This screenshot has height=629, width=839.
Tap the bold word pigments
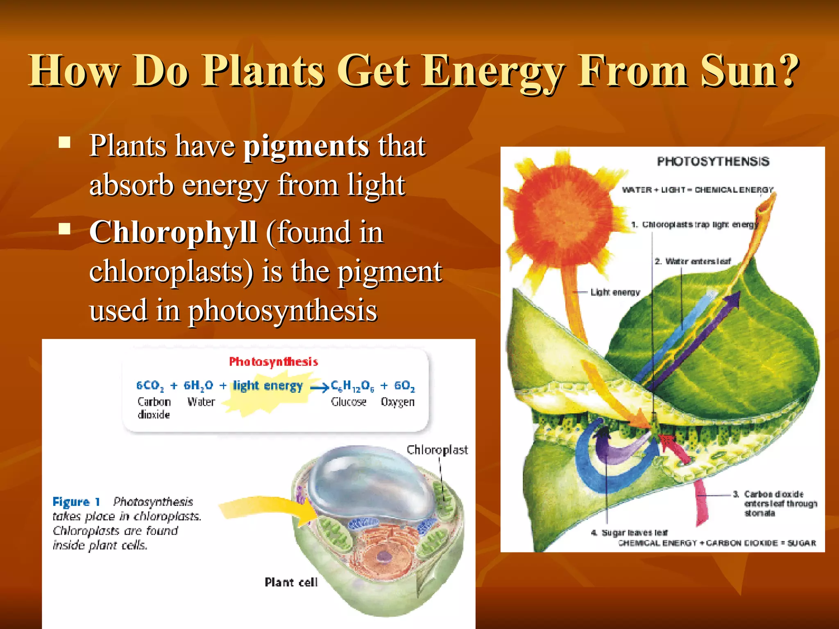[306, 146]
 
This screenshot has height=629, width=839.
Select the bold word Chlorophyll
[173, 232]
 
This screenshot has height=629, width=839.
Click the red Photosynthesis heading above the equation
[273, 362]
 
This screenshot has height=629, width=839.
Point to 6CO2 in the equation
[150, 385]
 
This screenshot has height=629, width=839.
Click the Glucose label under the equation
[348, 402]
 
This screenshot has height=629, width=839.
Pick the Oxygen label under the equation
[397, 402]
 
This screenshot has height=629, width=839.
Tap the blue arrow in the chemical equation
[320, 387]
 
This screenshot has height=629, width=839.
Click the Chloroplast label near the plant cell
[437, 450]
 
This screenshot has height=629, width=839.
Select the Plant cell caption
[291, 582]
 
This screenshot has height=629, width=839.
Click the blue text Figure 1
[76, 502]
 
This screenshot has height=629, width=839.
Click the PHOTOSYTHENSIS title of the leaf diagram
[713, 161]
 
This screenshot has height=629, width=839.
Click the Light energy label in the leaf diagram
[615, 292]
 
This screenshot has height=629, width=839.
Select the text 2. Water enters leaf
[692, 261]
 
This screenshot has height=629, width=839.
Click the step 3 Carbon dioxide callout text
[776, 504]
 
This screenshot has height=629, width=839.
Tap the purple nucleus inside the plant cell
[384, 556]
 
